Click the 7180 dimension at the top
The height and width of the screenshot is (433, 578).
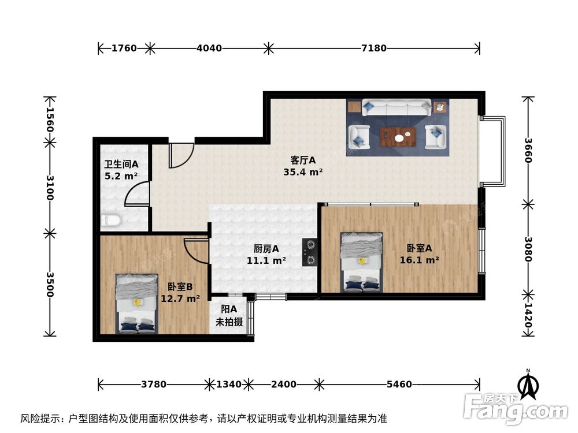coord(373,48)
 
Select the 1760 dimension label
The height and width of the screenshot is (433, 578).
coord(124,48)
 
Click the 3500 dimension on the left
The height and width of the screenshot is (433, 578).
coord(50,285)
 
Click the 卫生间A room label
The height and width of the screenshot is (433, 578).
coord(121,165)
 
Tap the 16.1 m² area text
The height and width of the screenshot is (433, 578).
coord(419,260)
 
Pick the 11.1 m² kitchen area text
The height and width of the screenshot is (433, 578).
coord(267,260)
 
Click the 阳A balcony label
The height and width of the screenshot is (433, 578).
coord(229,310)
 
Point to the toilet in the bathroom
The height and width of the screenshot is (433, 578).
coord(110,220)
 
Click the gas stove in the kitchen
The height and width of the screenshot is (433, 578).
coord(310,252)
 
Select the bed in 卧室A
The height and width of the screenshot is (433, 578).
coord(362,262)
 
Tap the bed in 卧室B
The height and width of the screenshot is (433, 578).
coord(137,303)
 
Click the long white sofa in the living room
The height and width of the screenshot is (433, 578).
coord(397,107)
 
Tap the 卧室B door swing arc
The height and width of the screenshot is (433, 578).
coord(196,251)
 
